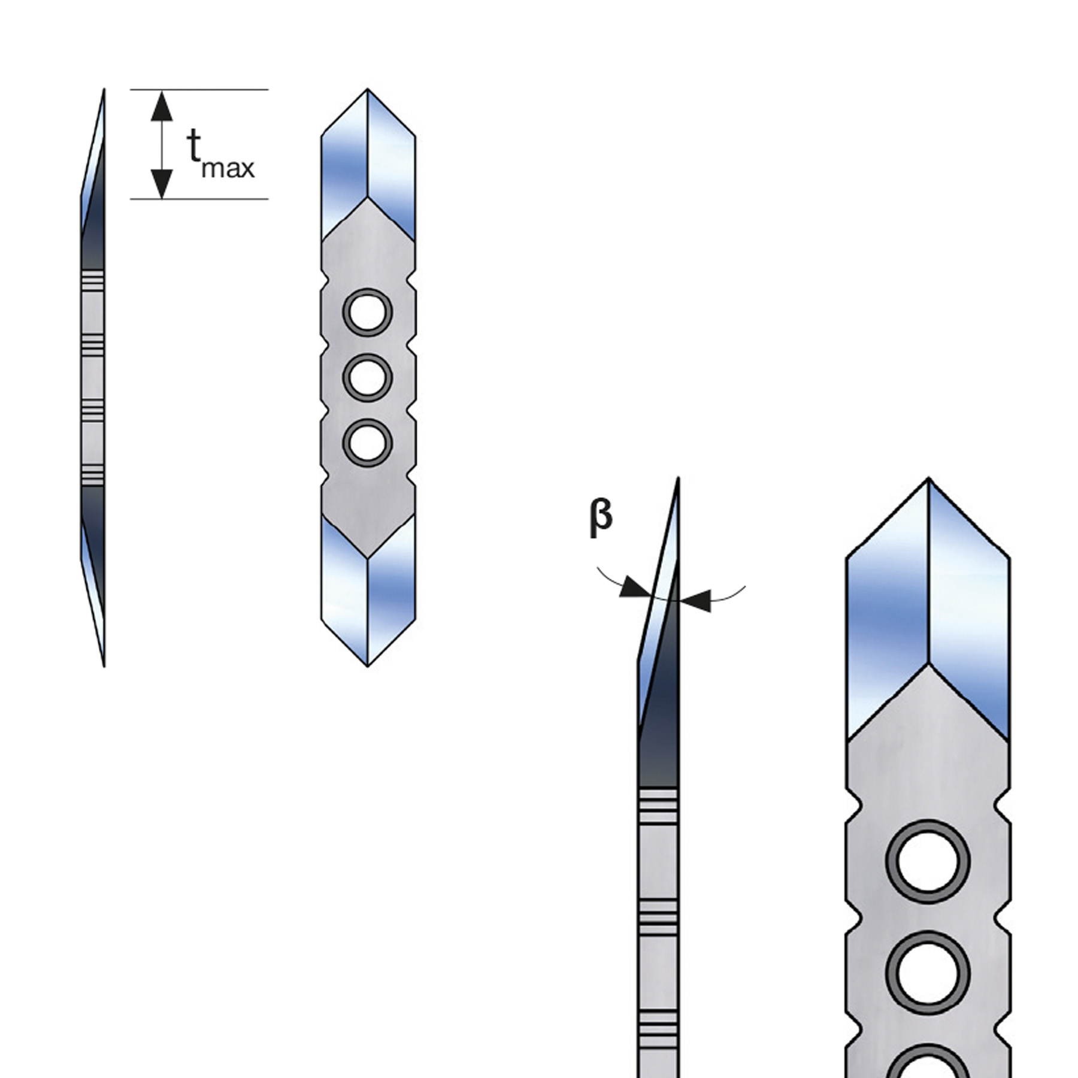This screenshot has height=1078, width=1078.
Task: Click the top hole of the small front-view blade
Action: [368, 313]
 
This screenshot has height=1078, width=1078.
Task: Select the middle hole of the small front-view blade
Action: [368, 377]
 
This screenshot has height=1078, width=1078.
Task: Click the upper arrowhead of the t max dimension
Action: [162, 106]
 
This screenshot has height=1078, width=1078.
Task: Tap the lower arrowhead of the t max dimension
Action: [162, 183]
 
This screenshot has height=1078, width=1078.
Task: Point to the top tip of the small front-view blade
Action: [368, 90]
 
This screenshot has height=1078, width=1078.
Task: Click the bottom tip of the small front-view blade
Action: [368, 665]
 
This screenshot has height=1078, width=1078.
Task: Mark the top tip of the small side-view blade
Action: [104, 90]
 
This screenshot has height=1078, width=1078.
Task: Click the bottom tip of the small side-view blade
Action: [104, 665]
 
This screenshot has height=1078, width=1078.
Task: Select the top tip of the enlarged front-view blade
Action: [928, 479]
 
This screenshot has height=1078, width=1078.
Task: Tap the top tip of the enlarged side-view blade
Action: [678, 479]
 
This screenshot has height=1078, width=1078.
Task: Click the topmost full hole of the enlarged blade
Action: [928, 862]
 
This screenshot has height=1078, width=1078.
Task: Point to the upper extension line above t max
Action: [199, 90]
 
